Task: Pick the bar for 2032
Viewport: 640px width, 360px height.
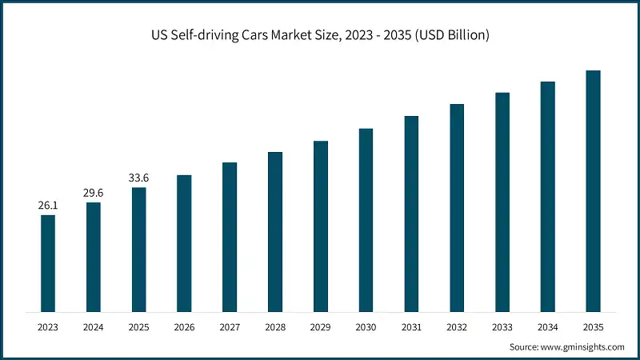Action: [x=457, y=207]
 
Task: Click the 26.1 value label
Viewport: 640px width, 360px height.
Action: [x=48, y=206]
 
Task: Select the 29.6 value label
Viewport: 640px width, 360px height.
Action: [x=94, y=193]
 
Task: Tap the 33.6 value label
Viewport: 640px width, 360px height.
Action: [x=139, y=178]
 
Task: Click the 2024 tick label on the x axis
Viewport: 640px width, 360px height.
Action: [x=94, y=326]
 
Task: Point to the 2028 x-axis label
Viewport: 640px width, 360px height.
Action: [x=275, y=326]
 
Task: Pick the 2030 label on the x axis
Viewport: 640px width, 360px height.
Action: [x=366, y=326]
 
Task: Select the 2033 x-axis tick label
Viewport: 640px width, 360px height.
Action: [x=502, y=326]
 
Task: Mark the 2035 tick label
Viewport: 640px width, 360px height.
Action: [x=593, y=326]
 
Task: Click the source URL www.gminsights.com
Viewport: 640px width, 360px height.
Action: [x=581, y=347]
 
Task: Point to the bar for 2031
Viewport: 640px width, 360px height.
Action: [x=411, y=214]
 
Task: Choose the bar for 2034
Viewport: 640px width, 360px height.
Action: [x=547, y=196]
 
